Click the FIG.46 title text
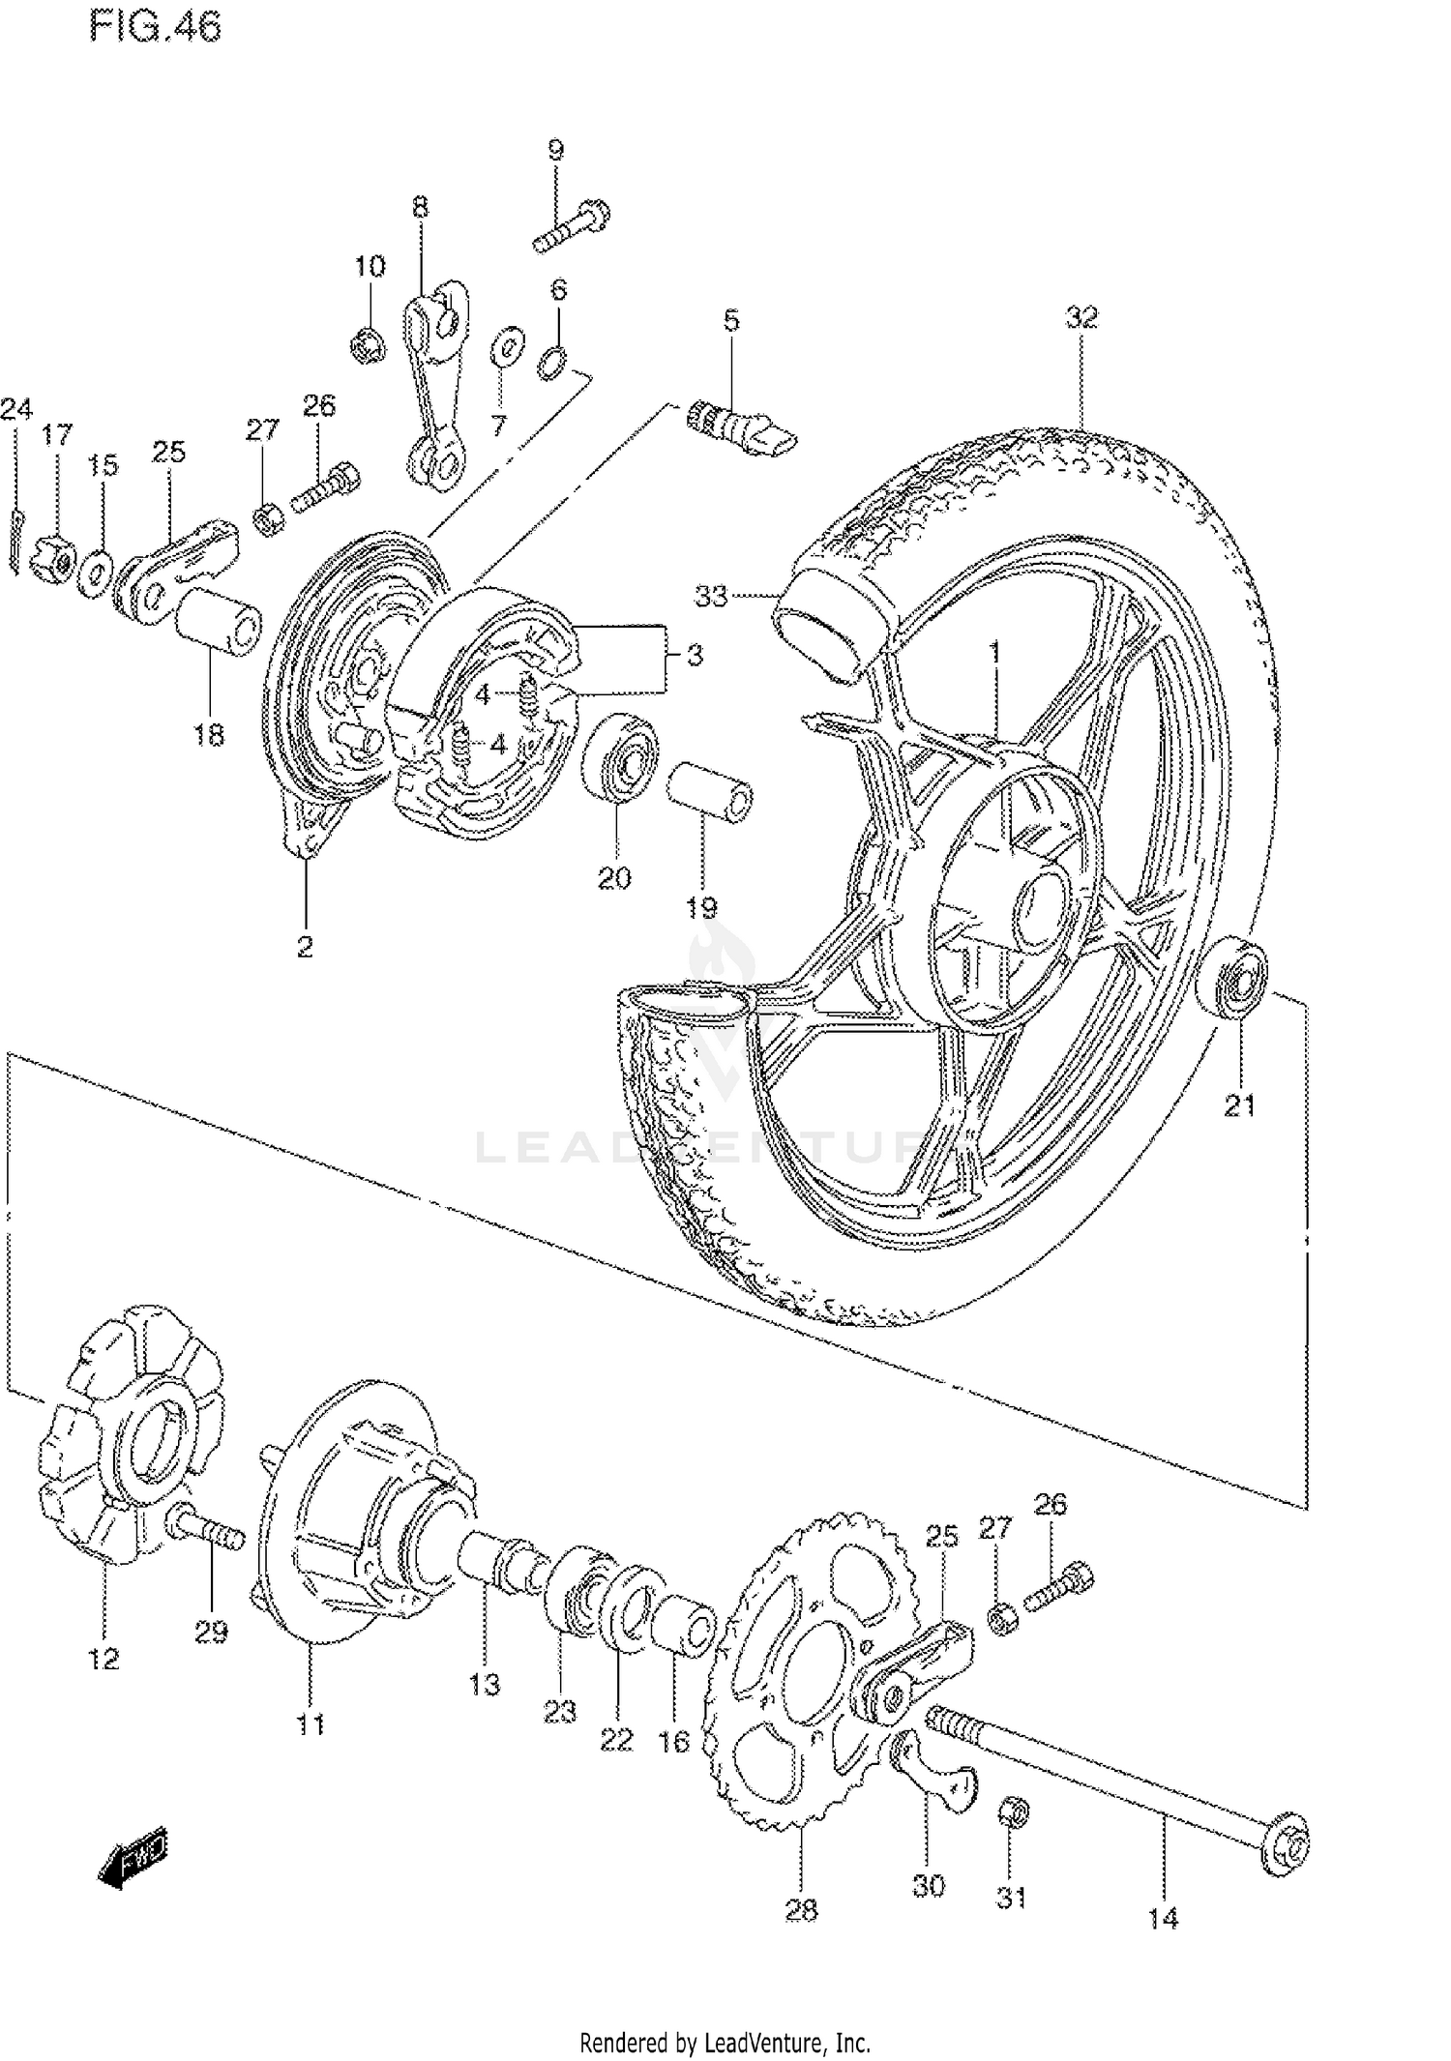point(155,26)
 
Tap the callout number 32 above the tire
point(1082,317)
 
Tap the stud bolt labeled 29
point(208,1531)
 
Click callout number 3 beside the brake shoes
point(695,656)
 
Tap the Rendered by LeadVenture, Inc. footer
point(725,2044)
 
